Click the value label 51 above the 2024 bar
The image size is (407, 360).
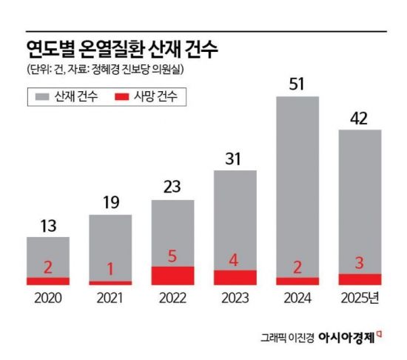pos(297,84)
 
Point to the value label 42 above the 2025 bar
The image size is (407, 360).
pos(360,117)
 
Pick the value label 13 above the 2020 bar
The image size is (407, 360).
pos(47,224)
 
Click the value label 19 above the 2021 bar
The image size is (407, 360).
pos(110,202)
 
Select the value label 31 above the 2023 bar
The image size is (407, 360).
pos(235,159)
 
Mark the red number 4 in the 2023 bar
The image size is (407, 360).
pos(235,262)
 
